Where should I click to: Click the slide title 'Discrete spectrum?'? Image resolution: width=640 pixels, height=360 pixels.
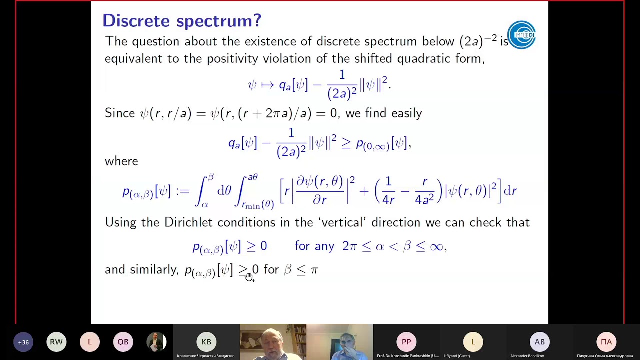tap(182, 21)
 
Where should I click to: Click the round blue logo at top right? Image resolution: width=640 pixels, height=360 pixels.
tap(521, 35)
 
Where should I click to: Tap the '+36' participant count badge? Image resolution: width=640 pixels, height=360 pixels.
tap(23, 342)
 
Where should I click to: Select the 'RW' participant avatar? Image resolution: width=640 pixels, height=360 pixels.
tap(56, 342)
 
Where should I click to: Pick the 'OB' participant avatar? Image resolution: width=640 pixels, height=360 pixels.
tap(123, 342)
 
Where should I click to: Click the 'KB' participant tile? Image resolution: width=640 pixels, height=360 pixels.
tap(206, 342)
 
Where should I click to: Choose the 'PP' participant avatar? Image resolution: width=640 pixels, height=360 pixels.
tap(406, 342)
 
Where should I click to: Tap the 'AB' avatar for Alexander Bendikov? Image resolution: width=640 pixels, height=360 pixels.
tap(540, 342)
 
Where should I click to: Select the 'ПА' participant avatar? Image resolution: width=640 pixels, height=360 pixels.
tap(606, 342)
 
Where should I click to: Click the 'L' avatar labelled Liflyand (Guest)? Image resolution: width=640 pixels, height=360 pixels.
tap(473, 342)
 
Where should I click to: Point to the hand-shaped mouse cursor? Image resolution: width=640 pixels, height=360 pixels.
tap(249, 277)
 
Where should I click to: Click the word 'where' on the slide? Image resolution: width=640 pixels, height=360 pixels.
tap(121, 161)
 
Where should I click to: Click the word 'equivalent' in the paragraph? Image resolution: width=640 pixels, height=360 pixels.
tap(134, 59)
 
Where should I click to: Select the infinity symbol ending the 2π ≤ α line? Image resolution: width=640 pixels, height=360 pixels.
tap(436, 246)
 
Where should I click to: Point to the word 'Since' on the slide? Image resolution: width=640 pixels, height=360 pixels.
tap(120, 113)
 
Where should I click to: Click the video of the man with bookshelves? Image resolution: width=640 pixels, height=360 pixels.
tap(273, 342)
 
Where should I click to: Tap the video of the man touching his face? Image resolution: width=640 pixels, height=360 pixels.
tap(340, 342)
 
